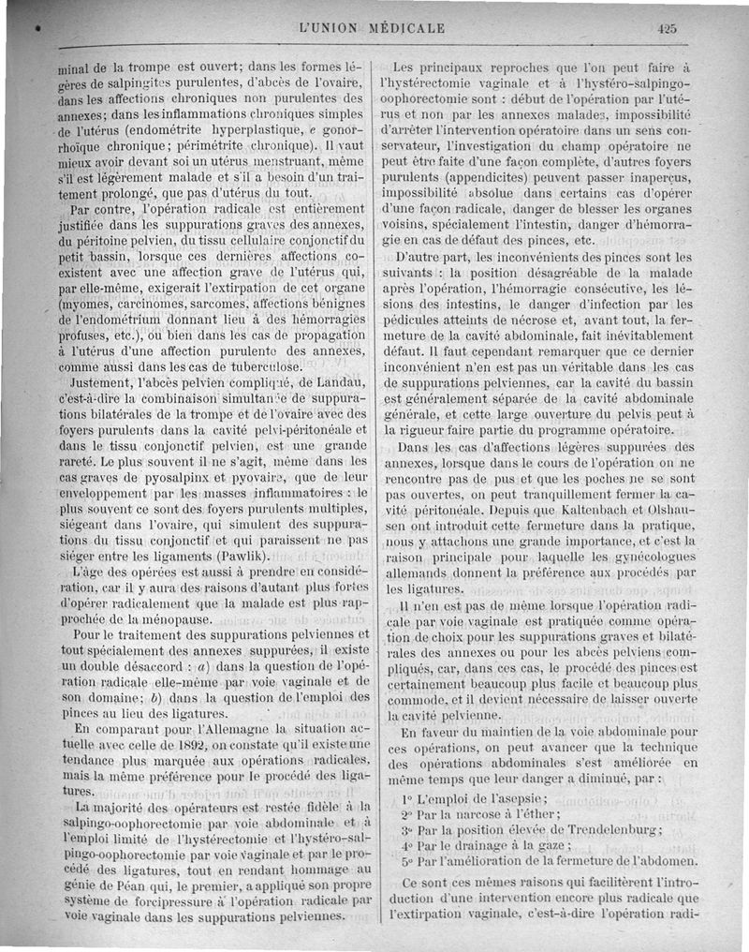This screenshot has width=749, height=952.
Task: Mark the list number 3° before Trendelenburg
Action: [406, 829]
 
